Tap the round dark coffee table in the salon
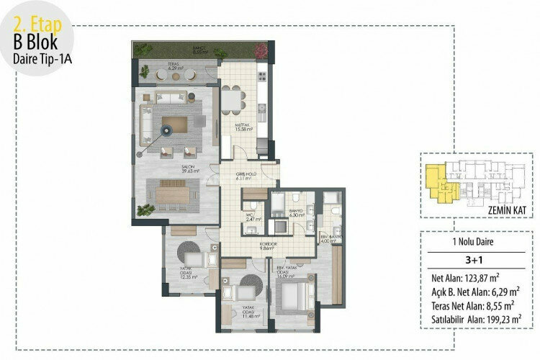[x=166, y=130]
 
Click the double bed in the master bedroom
[x=294, y=296]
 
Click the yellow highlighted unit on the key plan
[x=436, y=183]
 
